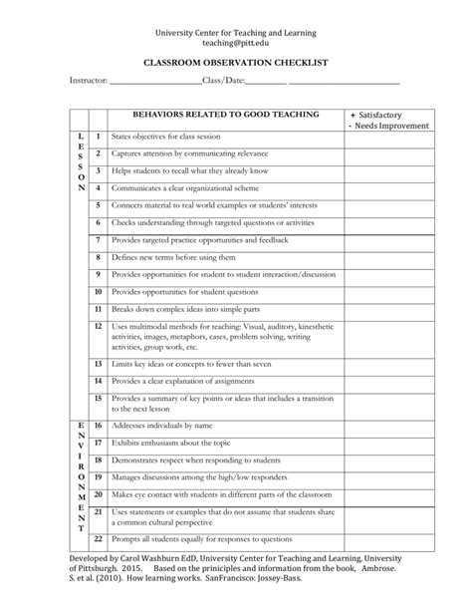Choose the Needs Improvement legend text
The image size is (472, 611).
[391, 127]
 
